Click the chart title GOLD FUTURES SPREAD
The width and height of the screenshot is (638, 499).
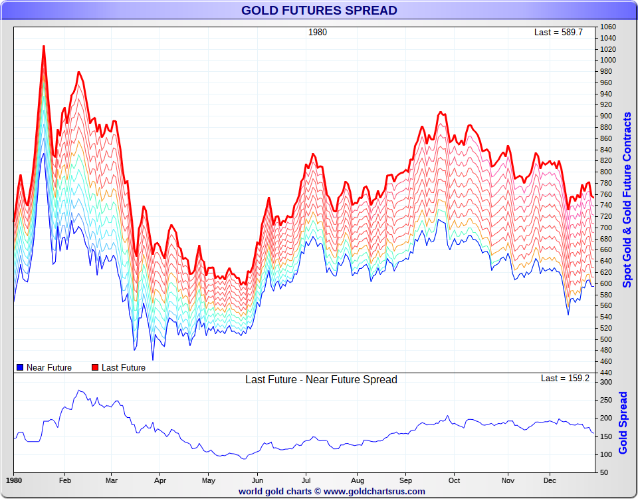coord(319,11)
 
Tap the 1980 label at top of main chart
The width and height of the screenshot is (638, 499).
coord(318,32)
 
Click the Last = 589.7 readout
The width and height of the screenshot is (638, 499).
coord(558,32)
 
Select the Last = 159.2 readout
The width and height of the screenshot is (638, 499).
coord(565,378)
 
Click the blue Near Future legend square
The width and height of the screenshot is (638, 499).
coord(20,367)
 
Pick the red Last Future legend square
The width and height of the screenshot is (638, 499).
coord(95,367)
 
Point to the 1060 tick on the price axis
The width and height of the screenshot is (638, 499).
coord(607,27)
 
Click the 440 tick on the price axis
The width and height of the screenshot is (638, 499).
coord(606,373)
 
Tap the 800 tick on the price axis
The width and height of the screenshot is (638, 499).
coord(606,172)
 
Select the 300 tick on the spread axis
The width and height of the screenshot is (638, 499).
coord(606,383)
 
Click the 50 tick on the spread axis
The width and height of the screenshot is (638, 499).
coord(604,472)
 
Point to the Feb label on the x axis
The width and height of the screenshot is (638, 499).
coord(65,480)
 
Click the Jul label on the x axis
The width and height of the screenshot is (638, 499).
coord(306,480)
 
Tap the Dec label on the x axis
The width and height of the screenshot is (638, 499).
coord(550,480)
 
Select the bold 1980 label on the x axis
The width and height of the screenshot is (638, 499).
coord(14,480)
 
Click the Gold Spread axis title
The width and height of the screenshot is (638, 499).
coord(623,422)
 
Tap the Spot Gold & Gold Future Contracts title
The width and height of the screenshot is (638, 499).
coord(627,200)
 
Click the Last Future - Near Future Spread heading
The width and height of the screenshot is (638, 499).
coord(321,380)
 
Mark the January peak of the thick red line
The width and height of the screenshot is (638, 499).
coord(44,46)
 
